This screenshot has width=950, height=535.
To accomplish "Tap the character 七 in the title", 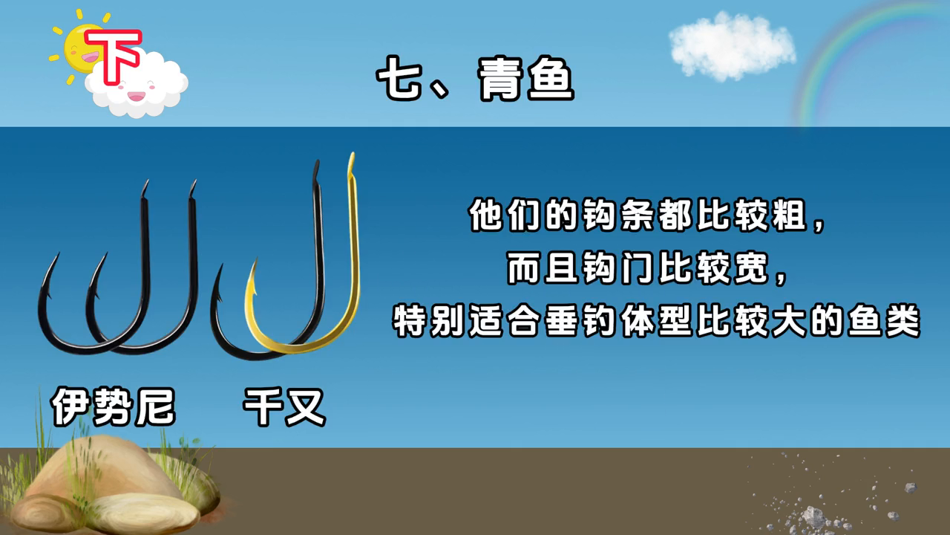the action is [x=399, y=79].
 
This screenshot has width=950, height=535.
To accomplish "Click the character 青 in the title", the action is [x=501, y=79].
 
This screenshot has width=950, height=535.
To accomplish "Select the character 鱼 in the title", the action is [x=551, y=79].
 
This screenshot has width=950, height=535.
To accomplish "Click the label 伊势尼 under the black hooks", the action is [x=113, y=406].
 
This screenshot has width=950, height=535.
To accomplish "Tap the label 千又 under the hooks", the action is [x=284, y=406].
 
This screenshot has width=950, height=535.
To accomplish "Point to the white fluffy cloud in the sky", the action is [x=732, y=47].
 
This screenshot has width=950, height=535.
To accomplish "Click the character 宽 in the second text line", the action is [x=752, y=267].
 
